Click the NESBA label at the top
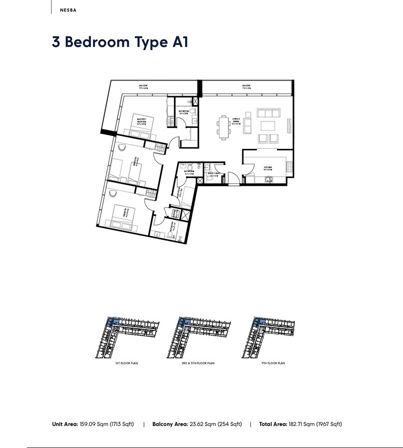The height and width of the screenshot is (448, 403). (68, 9)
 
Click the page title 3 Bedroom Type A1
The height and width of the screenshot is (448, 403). (120, 42)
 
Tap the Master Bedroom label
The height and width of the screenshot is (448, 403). (148, 119)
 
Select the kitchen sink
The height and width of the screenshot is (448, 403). (267, 180)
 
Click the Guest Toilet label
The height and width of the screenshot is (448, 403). (214, 174)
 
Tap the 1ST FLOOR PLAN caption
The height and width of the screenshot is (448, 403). (126, 363)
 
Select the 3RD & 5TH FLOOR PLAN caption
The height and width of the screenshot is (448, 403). (198, 363)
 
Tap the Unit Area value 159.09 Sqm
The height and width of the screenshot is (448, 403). (106, 424)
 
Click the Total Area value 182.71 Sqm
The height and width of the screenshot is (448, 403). (315, 424)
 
